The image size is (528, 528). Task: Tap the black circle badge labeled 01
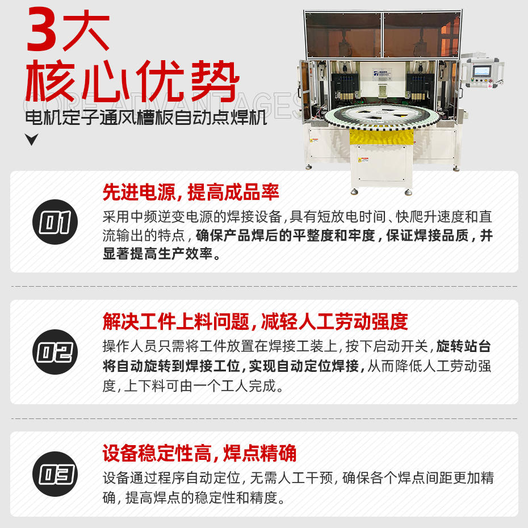click(x=55, y=222)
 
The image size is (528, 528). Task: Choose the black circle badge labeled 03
click(x=55, y=474)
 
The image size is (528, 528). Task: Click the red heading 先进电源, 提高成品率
click(x=191, y=192)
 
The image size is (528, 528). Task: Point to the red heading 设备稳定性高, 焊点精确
click(x=199, y=454)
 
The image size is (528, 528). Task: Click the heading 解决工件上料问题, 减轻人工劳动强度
click(x=255, y=322)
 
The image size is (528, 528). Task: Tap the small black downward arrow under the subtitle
click(x=32, y=140)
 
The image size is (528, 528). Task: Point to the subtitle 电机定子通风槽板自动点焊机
click(x=146, y=119)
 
